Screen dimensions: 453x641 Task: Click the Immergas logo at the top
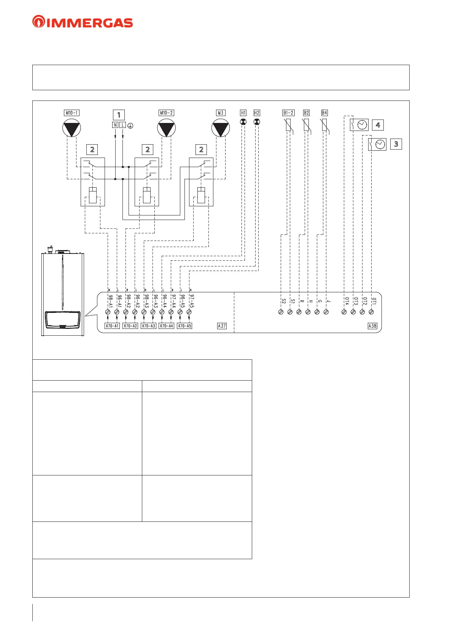(x=83, y=22)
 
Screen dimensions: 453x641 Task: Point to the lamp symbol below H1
(x=243, y=122)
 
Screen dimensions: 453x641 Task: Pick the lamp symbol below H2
(x=257, y=122)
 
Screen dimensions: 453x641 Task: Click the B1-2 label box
(x=288, y=113)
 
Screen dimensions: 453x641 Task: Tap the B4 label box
(x=324, y=113)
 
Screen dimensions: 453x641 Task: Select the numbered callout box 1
(x=119, y=115)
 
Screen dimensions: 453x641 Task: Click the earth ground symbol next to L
(x=130, y=125)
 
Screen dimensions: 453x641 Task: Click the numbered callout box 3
(x=396, y=144)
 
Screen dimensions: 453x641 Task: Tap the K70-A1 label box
(x=112, y=326)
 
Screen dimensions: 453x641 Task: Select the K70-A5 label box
(x=184, y=326)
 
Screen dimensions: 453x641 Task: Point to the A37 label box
(x=222, y=326)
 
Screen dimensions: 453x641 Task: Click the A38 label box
(x=372, y=326)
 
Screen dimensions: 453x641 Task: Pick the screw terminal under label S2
(x=281, y=312)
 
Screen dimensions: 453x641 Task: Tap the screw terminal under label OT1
(x=371, y=312)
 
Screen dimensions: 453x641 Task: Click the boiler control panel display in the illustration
(x=63, y=319)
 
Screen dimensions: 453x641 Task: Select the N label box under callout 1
(x=115, y=125)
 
